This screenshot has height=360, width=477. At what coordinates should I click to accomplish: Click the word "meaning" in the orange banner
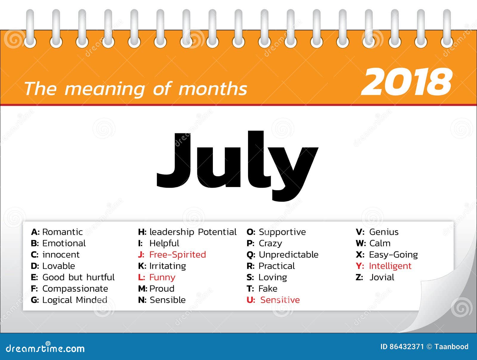point(105,89)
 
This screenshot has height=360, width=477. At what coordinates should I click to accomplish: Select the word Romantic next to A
point(62,232)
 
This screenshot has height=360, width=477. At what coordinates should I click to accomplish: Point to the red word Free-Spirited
point(177,255)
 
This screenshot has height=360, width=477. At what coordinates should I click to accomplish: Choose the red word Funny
point(162,277)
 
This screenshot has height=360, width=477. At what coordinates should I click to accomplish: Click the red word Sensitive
point(280,300)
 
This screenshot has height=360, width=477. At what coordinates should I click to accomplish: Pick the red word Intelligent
point(390,266)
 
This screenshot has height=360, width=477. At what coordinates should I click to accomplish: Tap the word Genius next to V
point(384,232)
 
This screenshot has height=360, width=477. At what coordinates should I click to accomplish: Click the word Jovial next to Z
point(382,277)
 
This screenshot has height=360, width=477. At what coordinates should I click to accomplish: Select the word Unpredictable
point(288,255)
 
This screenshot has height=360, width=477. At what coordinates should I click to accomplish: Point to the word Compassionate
point(75,289)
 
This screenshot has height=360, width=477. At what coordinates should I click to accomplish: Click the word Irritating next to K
point(168,266)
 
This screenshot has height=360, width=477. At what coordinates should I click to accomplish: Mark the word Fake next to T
point(268,289)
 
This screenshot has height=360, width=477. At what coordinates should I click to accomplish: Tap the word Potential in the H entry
point(217,232)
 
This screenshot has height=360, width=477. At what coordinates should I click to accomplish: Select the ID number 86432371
point(406,347)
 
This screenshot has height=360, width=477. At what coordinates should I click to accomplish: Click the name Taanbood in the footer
point(451,347)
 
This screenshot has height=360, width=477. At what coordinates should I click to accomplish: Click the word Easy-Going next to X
point(393,255)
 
